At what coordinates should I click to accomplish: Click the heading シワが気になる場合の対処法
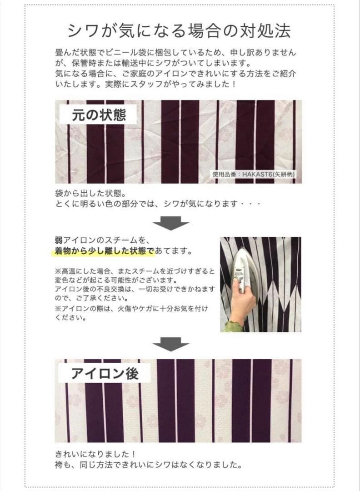pos(179,30)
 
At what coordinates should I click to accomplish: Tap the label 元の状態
pos(99,115)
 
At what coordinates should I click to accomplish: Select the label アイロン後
pos(104,374)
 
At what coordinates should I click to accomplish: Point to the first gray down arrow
pos(170,222)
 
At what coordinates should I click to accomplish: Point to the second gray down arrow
pos(170,344)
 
